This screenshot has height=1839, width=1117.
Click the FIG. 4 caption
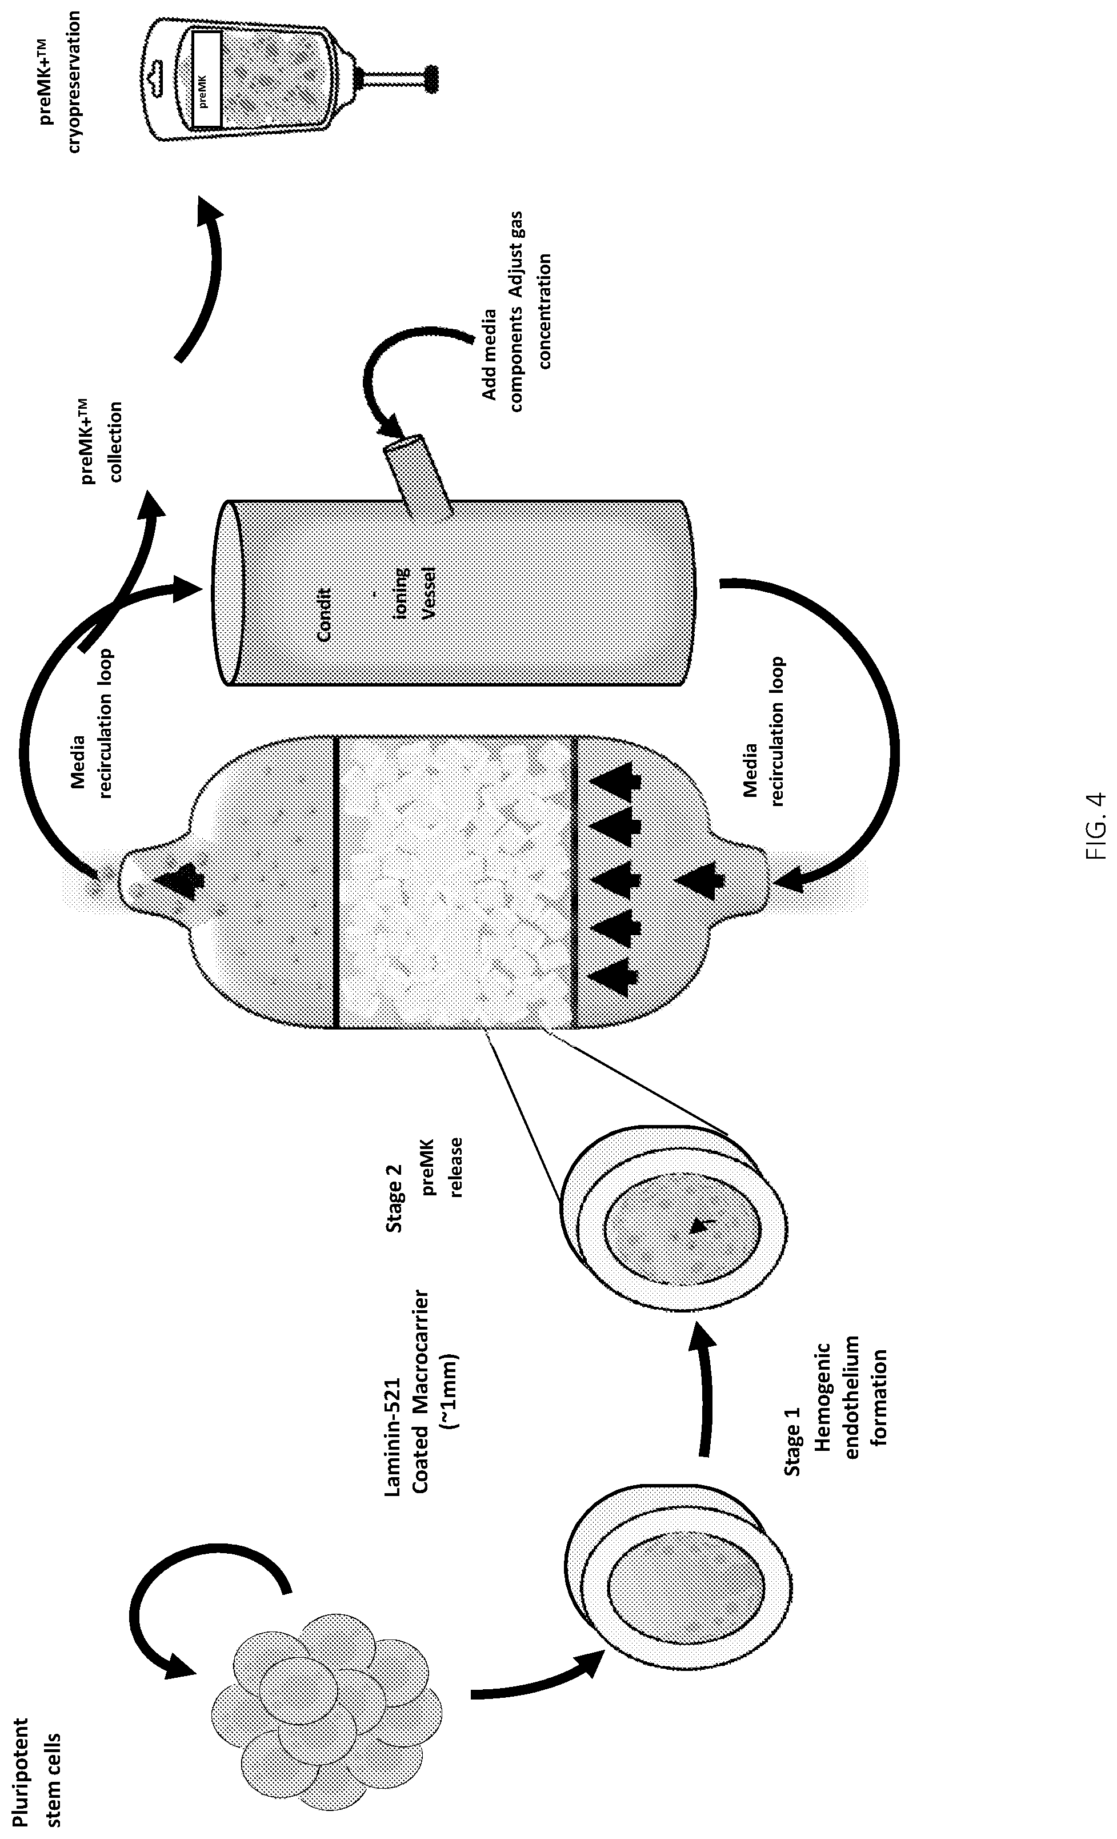pyautogui.click(x=1095, y=816)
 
